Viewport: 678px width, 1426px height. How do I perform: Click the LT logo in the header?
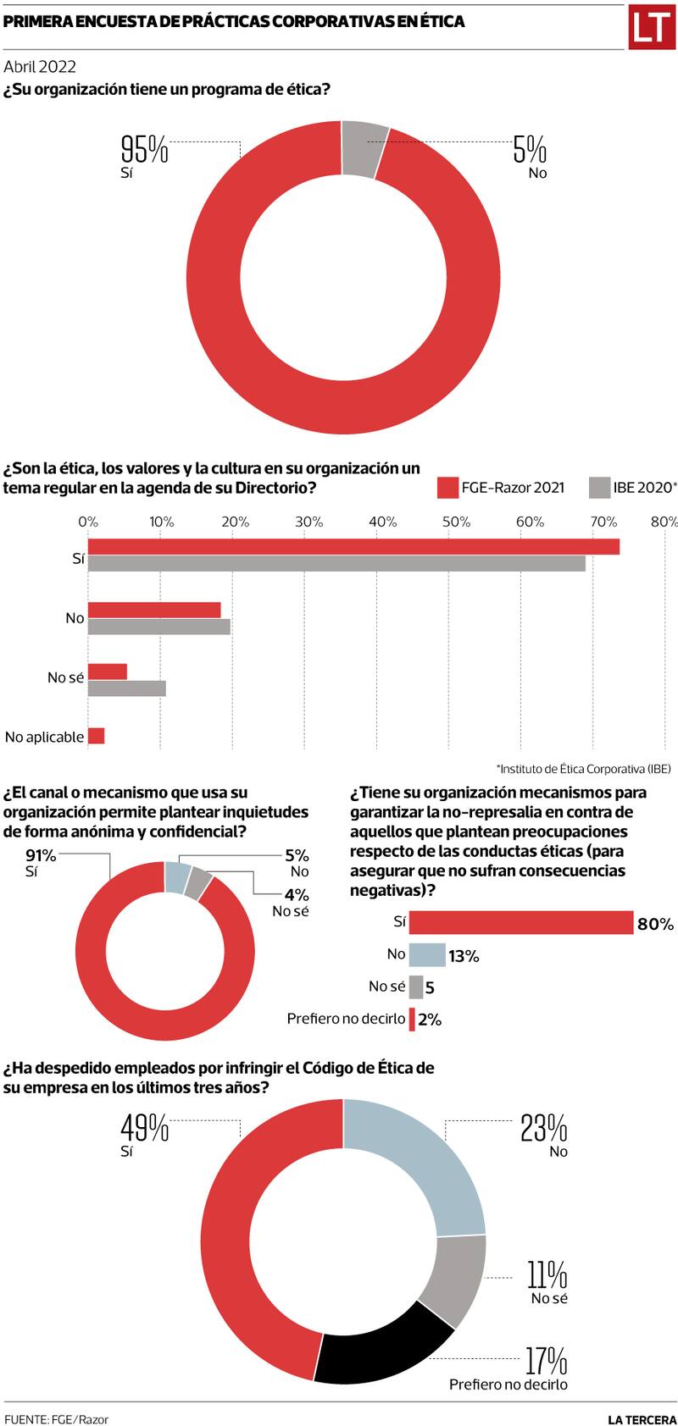click(x=650, y=27)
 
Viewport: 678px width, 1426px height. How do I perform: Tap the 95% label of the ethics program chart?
click(x=145, y=150)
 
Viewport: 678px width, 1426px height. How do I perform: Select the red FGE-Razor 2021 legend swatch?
click(x=447, y=488)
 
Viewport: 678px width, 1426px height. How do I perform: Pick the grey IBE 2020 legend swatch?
click(x=599, y=488)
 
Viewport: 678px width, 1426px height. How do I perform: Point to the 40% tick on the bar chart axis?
click(x=383, y=522)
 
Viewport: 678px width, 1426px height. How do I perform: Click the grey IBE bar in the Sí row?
click(x=336, y=563)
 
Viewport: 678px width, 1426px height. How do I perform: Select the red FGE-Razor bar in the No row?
click(x=154, y=610)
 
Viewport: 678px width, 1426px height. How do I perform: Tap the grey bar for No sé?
click(x=126, y=688)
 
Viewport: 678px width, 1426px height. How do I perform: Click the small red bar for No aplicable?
click(x=96, y=736)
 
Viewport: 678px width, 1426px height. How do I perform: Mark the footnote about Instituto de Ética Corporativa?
click(x=582, y=769)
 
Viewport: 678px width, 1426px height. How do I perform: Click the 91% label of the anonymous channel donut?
click(x=41, y=856)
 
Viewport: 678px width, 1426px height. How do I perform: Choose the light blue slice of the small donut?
click(x=175, y=877)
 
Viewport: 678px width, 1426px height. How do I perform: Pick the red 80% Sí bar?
click(x=520, y=922)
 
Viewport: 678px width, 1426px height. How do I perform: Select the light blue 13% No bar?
click(x=427, y=955)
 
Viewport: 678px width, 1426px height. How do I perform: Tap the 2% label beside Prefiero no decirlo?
click(x=430, y=1020)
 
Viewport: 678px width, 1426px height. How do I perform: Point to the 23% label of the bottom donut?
click(x=543, y=1128)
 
